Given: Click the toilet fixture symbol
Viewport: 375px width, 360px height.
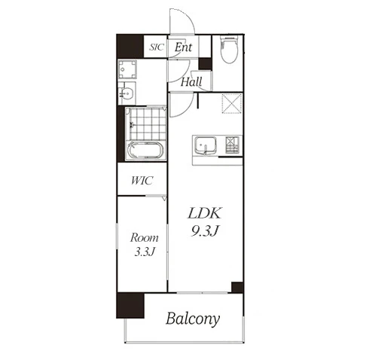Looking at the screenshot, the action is pos(229,49).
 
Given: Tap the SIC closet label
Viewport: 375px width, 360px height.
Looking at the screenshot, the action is pos(157,47).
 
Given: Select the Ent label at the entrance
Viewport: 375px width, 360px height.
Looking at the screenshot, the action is pos(184,47).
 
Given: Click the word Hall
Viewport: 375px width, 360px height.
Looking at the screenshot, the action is pos(191,82).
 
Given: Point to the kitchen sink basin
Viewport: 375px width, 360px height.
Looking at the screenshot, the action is pos(206,146).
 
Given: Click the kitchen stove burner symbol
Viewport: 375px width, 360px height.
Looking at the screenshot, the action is pos(232,145).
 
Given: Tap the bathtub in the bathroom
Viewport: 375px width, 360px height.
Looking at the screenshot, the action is pos(145,150).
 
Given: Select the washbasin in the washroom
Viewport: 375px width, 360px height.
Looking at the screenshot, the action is pos(127,93).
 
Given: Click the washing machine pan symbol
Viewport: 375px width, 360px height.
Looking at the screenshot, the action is pos(127,69).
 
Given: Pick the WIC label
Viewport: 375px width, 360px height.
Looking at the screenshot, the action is pos(142,181).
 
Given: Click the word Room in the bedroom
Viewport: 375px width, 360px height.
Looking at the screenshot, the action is pos(144,237).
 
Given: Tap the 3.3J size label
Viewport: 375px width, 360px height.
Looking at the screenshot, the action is pos(144,252).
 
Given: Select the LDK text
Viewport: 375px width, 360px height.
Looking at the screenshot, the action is pos(205,213).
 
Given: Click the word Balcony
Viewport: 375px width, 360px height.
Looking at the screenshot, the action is pos(193,319).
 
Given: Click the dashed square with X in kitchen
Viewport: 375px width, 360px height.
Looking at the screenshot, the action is pos(232,103).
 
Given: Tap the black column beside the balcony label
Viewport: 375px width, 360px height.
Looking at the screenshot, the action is pos(130,305).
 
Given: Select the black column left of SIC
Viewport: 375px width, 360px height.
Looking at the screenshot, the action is pos(130,47).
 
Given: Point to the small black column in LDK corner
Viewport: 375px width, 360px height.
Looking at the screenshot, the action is pos(237,288).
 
